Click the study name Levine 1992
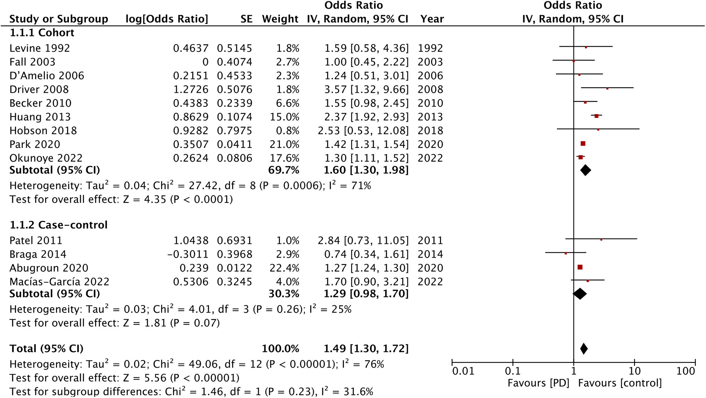pyautogui.click(x=40, y=48)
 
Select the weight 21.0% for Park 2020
pyautogui.click(x=284, y=144)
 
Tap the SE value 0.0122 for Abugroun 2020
pyautogui.click(x=234, y=268)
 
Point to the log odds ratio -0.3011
pyautogui.click(x=187, y=254)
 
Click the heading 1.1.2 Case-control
pyautogui.click(x=59, y=225)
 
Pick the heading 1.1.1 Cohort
pyautogui.click(x=42, y=32)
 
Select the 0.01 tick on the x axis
pyautogui.click(x=463, y=371)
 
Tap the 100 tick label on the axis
pyautogui.click(x=685, y=371)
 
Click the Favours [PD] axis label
pyautogui.click(x=538, y=383)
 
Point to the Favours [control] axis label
pyautogui.click(x=620, y=383)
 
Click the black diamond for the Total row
pyautogui.click(x=584, y=349)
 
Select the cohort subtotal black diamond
pyautogui.click(x=585, y=170)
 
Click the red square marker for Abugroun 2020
pyautogui.click(x=580, y=267)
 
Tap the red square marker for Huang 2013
pyautogui.click(x=597, y=116)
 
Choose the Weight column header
pyautogui.click(x=280, y=19)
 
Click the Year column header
pyautogui.click(x=432, y=19)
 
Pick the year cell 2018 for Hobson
pyautogui.click(x=430, y=131)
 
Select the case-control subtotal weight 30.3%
pyautogui.click(x=283, y=294)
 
